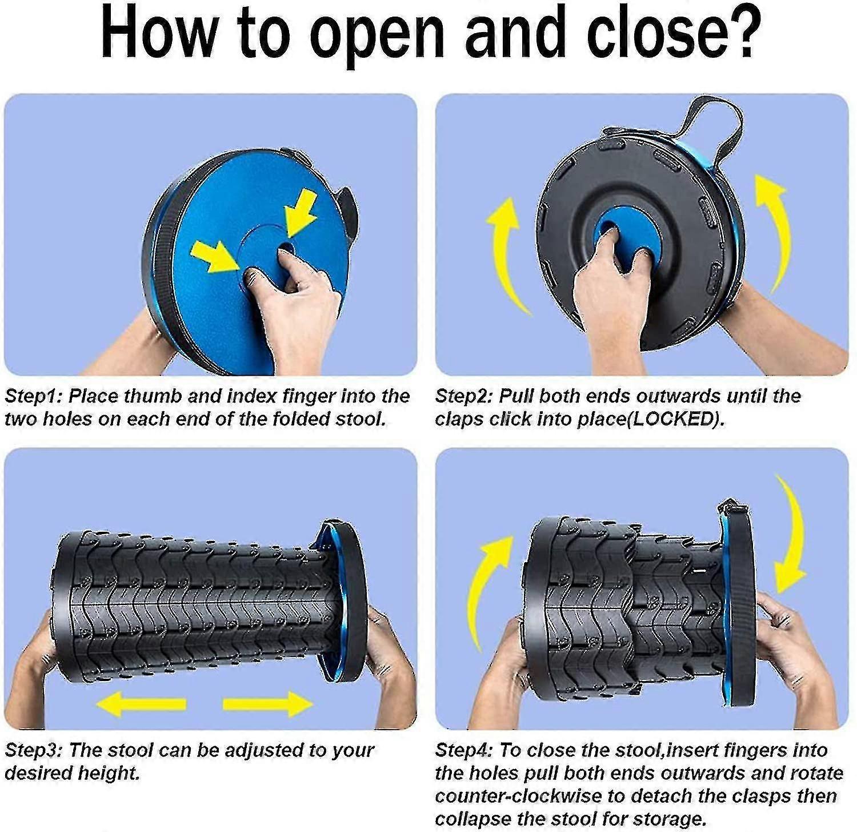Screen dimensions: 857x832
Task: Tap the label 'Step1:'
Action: [35, 396]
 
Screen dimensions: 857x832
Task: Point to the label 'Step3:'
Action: [35, 750]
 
